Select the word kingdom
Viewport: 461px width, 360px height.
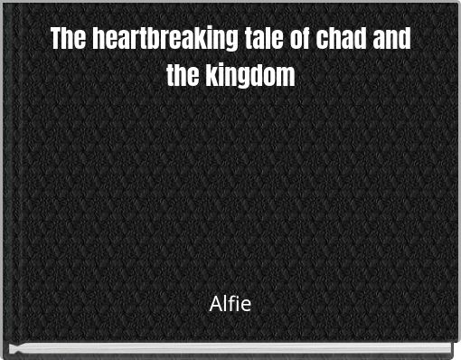point(249,75)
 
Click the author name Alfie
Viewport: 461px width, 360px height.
point(230,304)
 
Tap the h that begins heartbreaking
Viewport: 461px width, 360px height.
point(99,40)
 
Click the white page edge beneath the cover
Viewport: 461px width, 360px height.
point(230,349)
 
